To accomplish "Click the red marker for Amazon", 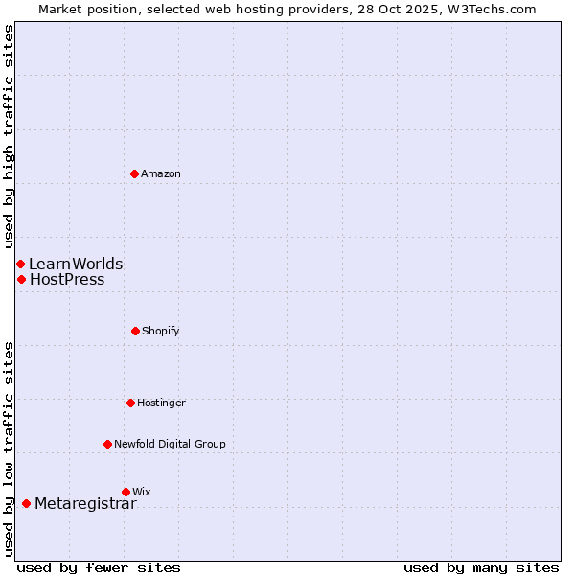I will (x=134, y=173).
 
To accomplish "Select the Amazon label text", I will (x=161, y=173).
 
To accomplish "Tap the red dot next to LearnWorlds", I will (x=20, y=264).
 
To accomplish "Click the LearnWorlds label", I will (x=76, y=264).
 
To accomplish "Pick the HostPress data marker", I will (x=21, y=279).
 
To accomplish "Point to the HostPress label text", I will (x=67, y=280).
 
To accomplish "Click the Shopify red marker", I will (x=135, y=331).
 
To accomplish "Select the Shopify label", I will (x=161, y=331).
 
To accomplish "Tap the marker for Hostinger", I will (x=130, y=402).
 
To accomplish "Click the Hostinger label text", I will (x=161, y=402).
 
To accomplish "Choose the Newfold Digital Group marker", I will (x=107, y=444).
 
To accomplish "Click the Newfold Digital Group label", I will (x=170, y=444).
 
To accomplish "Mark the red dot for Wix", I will (x=126, y=492).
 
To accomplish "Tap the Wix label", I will (x=142, y=492).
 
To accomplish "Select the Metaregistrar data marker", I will (x=26, y=503).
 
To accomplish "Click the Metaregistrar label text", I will (x=85, y=504).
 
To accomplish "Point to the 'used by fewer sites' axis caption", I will (x=99, y=567).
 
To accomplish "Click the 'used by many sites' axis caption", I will (x=481, y=567).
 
